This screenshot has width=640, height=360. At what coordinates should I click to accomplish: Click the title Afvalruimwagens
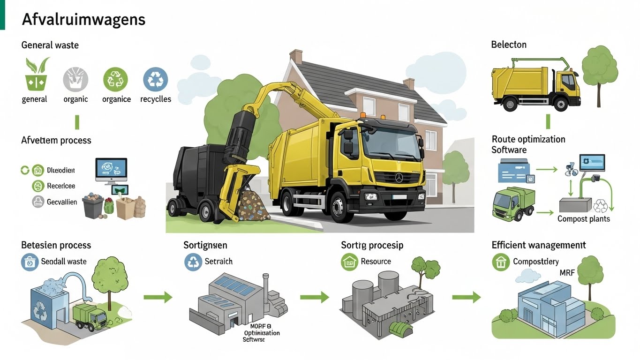click(x=83, y=20)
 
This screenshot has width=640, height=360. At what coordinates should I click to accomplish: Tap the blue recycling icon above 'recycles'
click(x=155, y=79)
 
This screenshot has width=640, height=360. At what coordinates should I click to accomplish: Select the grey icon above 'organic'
click(x=75, y=79)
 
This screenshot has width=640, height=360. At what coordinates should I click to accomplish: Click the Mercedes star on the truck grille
click(x=399, y=178)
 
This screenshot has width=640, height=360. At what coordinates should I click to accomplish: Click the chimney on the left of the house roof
click(x=295, y=57)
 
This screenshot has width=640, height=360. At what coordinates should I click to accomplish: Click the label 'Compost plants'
click(x=583, y=219)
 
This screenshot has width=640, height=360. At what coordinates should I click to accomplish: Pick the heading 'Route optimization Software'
click(x=528, y=144)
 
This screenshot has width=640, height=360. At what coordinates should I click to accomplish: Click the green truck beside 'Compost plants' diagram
click(x=513, y=203)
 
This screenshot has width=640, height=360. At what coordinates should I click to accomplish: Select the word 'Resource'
click(x=376, y=262)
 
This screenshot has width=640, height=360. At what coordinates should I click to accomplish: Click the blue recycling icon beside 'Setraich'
click(x=193, y=262)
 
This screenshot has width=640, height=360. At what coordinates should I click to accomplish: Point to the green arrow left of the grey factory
click(x=158, y=297)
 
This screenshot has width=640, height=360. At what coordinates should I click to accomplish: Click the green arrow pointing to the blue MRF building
click(x=467, y=297)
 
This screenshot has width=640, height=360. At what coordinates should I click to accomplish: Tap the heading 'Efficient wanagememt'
click(x=538, y=245)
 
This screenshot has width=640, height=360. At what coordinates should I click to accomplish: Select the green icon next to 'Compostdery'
click(x=500, y=262)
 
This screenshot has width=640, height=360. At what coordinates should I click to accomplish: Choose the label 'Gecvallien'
click(x=62, y=202)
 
